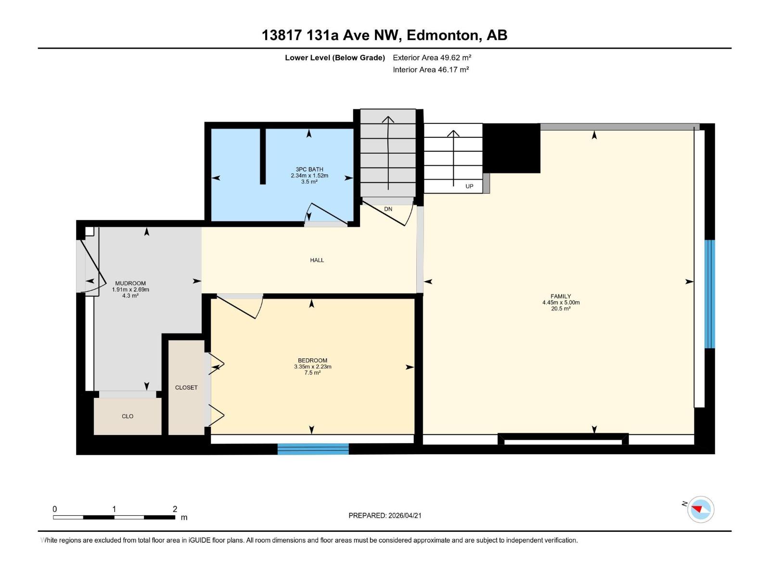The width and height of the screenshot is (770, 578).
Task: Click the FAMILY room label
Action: pos(561,297)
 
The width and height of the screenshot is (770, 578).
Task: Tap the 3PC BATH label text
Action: pos(309,170)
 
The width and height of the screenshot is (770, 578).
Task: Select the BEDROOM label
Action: pos(312,360)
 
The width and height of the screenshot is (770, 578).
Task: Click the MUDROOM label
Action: pos(130,284)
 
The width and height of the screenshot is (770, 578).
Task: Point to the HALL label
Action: pos(317,260)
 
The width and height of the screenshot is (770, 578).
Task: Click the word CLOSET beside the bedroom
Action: pos(186,388)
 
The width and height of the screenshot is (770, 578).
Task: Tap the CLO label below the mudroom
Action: pos(128,416)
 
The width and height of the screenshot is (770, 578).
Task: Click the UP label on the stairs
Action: pos(469,186)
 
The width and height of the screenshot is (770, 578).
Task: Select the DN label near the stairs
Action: pos(388,209)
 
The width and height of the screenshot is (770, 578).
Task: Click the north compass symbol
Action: pos(700,510)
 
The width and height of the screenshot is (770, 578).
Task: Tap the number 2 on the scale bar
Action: pos(175,509)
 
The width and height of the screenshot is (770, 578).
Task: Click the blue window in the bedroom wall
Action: pos(313,449)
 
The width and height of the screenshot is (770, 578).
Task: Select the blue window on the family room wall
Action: pos(710,294)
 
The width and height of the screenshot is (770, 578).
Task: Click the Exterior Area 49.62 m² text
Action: pos(432,57)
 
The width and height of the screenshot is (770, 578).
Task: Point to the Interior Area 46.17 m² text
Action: pos(431,69)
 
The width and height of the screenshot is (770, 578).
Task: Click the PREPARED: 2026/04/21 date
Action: pos(385,515)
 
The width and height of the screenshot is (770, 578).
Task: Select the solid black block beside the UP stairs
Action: pos(511,148)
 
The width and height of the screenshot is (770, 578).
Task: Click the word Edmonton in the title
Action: pos(443,35)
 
